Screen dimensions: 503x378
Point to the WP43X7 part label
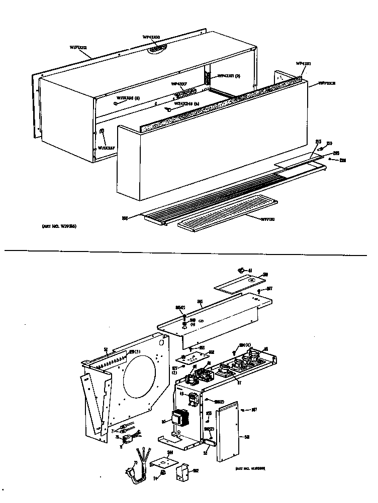tap(179, 84)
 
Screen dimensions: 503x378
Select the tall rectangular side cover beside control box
tap(230, 432)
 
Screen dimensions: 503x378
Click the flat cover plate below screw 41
tap(236, 282)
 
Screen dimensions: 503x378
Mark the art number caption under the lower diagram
tap(250, 468)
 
